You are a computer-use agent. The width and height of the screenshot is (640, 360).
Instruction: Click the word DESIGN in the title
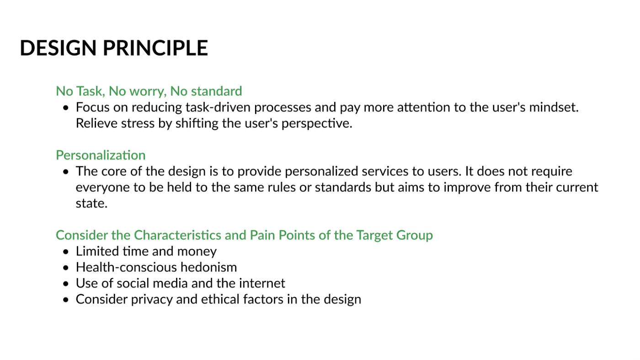tap(59, 48)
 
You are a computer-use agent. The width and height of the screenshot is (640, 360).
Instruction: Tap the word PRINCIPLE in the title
tap(155, 48)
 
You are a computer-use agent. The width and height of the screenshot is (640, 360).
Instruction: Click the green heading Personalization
tap(101, 155)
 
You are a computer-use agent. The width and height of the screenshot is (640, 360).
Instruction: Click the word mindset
tap(554, 107)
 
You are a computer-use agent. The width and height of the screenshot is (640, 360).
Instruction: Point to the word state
tap(91, 204)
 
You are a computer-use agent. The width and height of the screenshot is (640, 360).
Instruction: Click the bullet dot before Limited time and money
tap(66, 252)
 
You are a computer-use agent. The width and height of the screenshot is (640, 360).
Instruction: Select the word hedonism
tap(208, 268)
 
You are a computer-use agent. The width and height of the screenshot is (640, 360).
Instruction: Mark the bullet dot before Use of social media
tap(66, 284)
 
